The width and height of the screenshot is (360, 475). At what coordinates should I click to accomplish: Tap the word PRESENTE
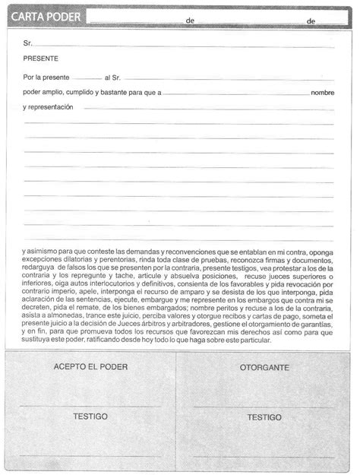point(40,59)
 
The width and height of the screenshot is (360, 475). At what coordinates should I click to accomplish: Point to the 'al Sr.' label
point(113,78)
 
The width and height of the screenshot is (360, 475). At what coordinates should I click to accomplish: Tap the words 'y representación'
point(48,108)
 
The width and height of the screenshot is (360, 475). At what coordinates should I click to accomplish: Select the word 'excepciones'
point(43,260)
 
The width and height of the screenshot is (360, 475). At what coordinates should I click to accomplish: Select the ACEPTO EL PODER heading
point(90,367)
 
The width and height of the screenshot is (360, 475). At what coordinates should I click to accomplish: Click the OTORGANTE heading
point(264,367)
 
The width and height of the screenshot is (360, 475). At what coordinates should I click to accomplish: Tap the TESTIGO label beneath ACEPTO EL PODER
point(90,416)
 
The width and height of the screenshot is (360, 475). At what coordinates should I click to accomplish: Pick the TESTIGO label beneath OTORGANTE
point(264,417)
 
